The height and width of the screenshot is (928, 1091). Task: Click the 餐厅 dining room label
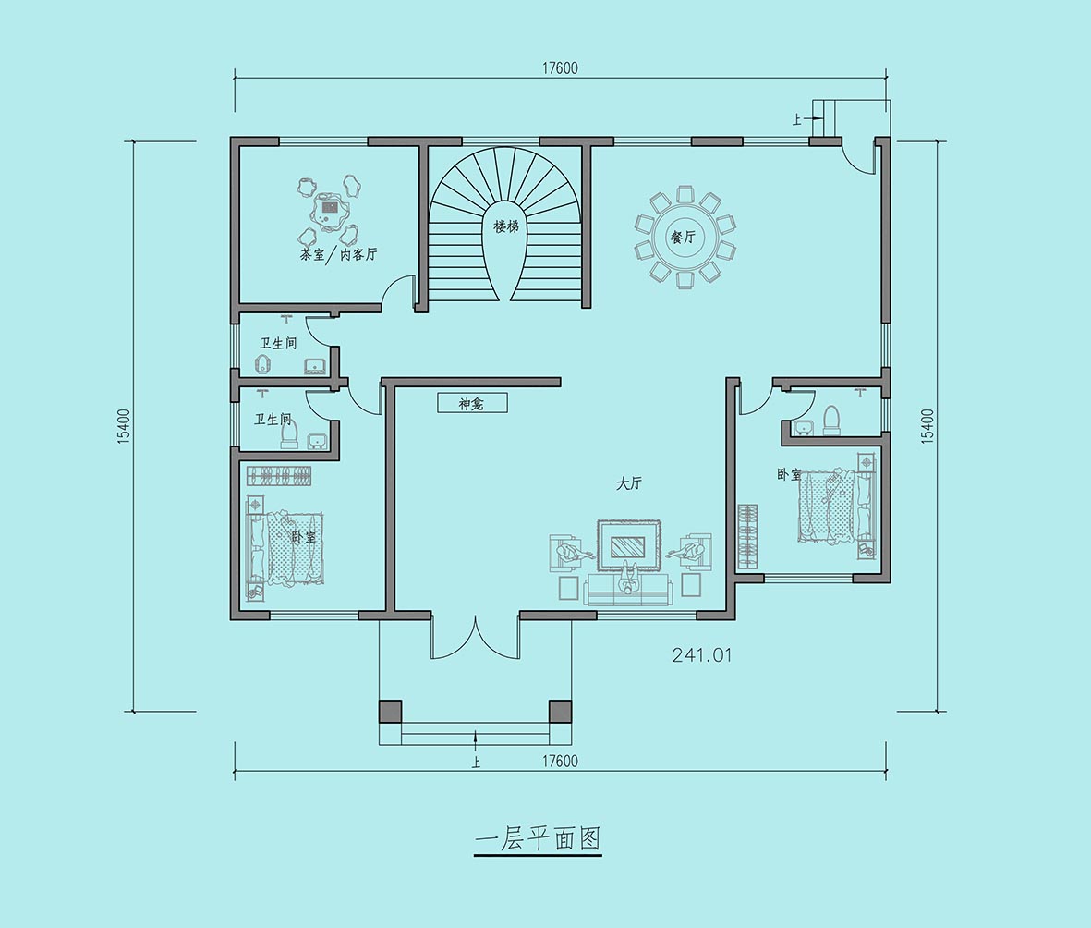click(683, 237)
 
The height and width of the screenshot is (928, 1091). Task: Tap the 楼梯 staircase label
click(506, 227)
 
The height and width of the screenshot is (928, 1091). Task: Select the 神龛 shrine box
click(472, 403)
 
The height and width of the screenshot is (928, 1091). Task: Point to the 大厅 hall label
click(628, 483)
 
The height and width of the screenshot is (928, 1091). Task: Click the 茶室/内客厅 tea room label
click(338, 254)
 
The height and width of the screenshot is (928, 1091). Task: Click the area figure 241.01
click(702, 655)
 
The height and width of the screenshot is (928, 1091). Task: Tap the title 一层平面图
click(537, 839)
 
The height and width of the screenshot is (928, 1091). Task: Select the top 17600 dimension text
click(560, 68)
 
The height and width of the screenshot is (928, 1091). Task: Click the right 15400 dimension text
click(927, 426)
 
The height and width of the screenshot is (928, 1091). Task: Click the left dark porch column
click(391, 711)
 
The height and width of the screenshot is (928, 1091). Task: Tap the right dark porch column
click(560, 711)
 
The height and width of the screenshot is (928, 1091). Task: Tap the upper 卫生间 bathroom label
click(278, 343)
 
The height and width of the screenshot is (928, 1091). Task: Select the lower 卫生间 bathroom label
click(273, 420)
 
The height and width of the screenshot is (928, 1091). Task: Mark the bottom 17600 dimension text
click(560, 761)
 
